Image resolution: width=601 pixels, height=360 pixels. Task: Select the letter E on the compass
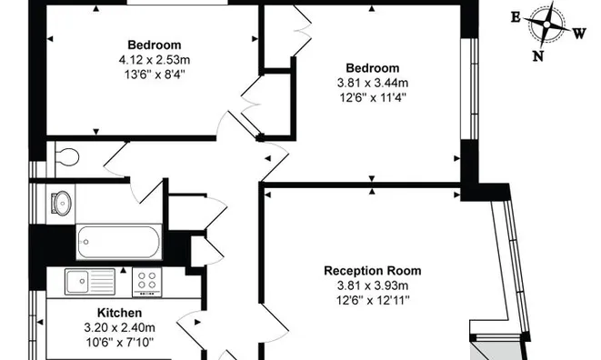(x=515, y=16)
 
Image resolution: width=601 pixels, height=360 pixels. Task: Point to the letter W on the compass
(x=579, y=34)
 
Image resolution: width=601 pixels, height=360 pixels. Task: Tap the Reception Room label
(x=373, y=271)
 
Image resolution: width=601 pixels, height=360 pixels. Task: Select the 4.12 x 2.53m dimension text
(x=154, y=60)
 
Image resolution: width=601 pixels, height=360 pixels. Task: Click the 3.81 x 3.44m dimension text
(x=372, y=84)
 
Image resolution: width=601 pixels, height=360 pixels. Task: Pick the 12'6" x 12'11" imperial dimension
(x=373, y=302)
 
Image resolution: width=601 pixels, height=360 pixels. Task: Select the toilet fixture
(x=64, y=158)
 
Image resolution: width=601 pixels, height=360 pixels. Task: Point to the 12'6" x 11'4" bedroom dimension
(x=372, y=99)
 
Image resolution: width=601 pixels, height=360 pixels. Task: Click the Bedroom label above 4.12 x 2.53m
(x=154, y=45)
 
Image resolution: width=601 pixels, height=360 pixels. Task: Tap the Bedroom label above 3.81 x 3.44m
(x=372, y=68)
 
